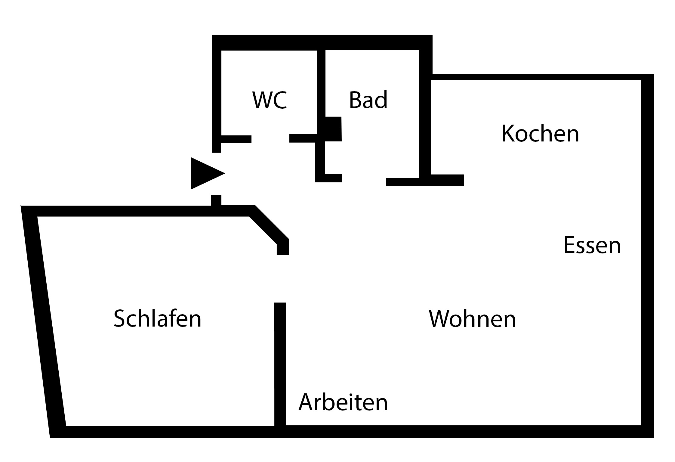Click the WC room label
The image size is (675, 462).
(270, 100)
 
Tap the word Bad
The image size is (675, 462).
(368, 100)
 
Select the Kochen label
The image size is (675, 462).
(540, 134)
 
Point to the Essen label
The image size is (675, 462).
(592, 246)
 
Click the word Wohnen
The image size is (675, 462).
(472, 319)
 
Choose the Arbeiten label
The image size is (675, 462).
(343, 402)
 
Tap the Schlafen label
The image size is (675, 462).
(157, 319)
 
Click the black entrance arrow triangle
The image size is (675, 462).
(205, 173)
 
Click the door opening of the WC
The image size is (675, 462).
(270, 139)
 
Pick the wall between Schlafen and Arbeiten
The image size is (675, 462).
(280, 364)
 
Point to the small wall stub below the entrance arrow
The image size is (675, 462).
(216, 200)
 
